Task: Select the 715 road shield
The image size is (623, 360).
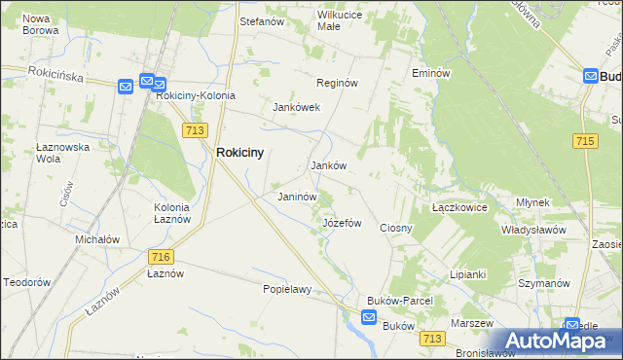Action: pyautogui.click(x=584, y=141)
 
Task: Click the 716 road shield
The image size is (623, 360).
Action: pyautogui.click(x=162, y=257)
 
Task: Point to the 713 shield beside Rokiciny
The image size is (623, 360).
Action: pyautogui.click(x=193, y=129)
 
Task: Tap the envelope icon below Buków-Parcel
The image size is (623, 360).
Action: pyautogui.click(x=369, y=317)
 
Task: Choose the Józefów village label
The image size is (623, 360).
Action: pyautogui.click(x=342, y=223)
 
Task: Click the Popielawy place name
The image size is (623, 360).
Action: pyautogui.click(x=286, y=289)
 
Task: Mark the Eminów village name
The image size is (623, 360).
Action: pyautogui.click(x=430, y=73)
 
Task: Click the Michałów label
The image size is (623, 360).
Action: pyautogui.click(x=97, y=239)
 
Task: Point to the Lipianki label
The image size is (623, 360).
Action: pyautogui.click(x=467, y=274)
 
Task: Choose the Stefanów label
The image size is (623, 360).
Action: pyautogui.click(x=261, y=19)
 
